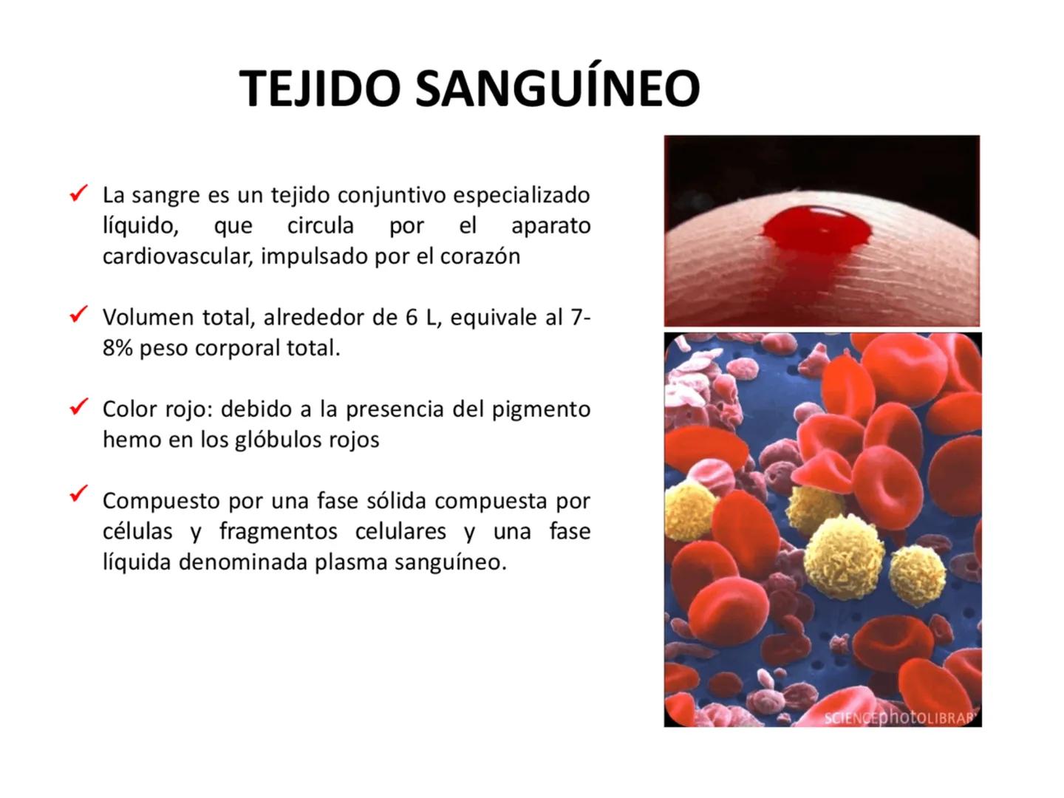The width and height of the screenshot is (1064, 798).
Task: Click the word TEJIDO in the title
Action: coord(321,89)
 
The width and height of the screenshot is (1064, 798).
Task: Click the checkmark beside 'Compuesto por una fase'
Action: coord(78,493)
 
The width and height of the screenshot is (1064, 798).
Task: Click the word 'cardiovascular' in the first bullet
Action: coord(177,256)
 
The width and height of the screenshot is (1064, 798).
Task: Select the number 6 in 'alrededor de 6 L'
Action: coord(412,318)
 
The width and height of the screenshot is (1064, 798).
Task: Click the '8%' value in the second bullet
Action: coord(117,348)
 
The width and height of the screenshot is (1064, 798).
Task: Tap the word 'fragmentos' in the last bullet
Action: coord(277,531)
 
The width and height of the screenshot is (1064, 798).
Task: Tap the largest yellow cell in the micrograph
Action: coord(844,553)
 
